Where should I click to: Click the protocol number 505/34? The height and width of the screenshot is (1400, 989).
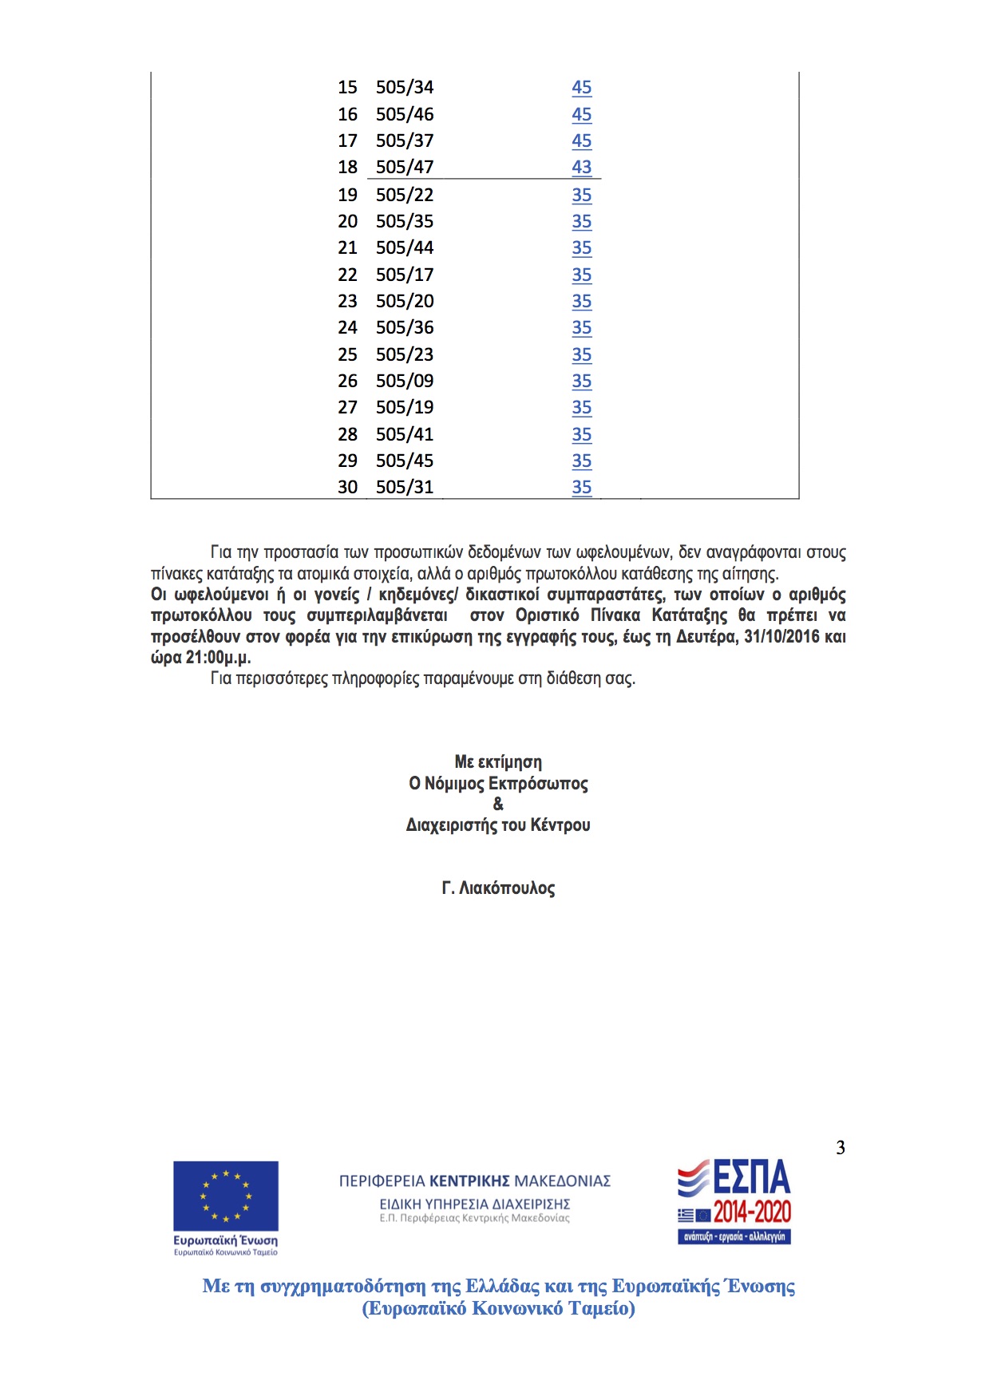tap(405, 87)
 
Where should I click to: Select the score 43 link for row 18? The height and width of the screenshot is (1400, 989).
tap(581, 167)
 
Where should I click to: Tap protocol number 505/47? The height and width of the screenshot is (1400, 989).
tap(405, 167)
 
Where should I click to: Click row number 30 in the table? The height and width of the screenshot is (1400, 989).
tap(347, 487)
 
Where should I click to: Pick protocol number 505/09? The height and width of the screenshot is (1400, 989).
tap(405, 381)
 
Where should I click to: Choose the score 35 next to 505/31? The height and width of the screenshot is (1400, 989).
tap(581, 487)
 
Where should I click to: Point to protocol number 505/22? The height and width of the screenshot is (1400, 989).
tap(405, 195)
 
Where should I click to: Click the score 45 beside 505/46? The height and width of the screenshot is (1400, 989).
tap(581, 114)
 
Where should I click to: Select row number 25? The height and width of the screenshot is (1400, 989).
tap(347, 354)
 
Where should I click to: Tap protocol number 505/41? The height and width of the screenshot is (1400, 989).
tap(405, 434)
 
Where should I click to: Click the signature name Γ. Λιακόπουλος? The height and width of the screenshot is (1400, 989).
tap(498, 888)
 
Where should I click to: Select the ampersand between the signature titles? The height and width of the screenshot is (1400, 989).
tap(498, 804)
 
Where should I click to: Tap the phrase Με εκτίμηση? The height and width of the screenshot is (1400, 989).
tap(498, 762)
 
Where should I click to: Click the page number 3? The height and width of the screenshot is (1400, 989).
tap(840, 1148)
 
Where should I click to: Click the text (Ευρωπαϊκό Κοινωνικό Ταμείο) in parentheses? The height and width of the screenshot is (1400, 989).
tap(498, 1309)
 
